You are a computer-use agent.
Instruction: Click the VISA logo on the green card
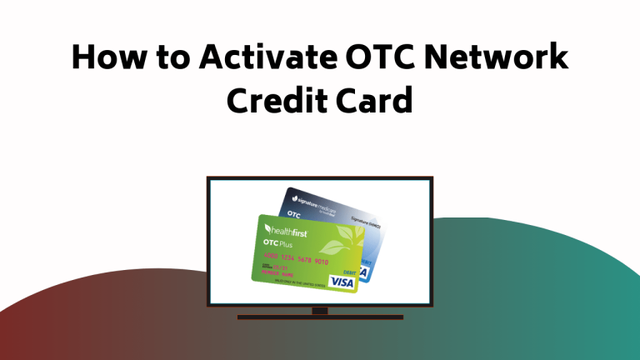[x=340, y=282]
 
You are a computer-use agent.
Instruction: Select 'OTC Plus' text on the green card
[x=279, y=244]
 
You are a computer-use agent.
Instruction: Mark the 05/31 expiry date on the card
[x=276, y=267]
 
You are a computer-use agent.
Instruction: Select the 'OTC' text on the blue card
[x=294, y=213]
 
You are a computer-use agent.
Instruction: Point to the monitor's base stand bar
[x=320, y=317]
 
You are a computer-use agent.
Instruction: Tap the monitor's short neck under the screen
[x=320, y=311]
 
